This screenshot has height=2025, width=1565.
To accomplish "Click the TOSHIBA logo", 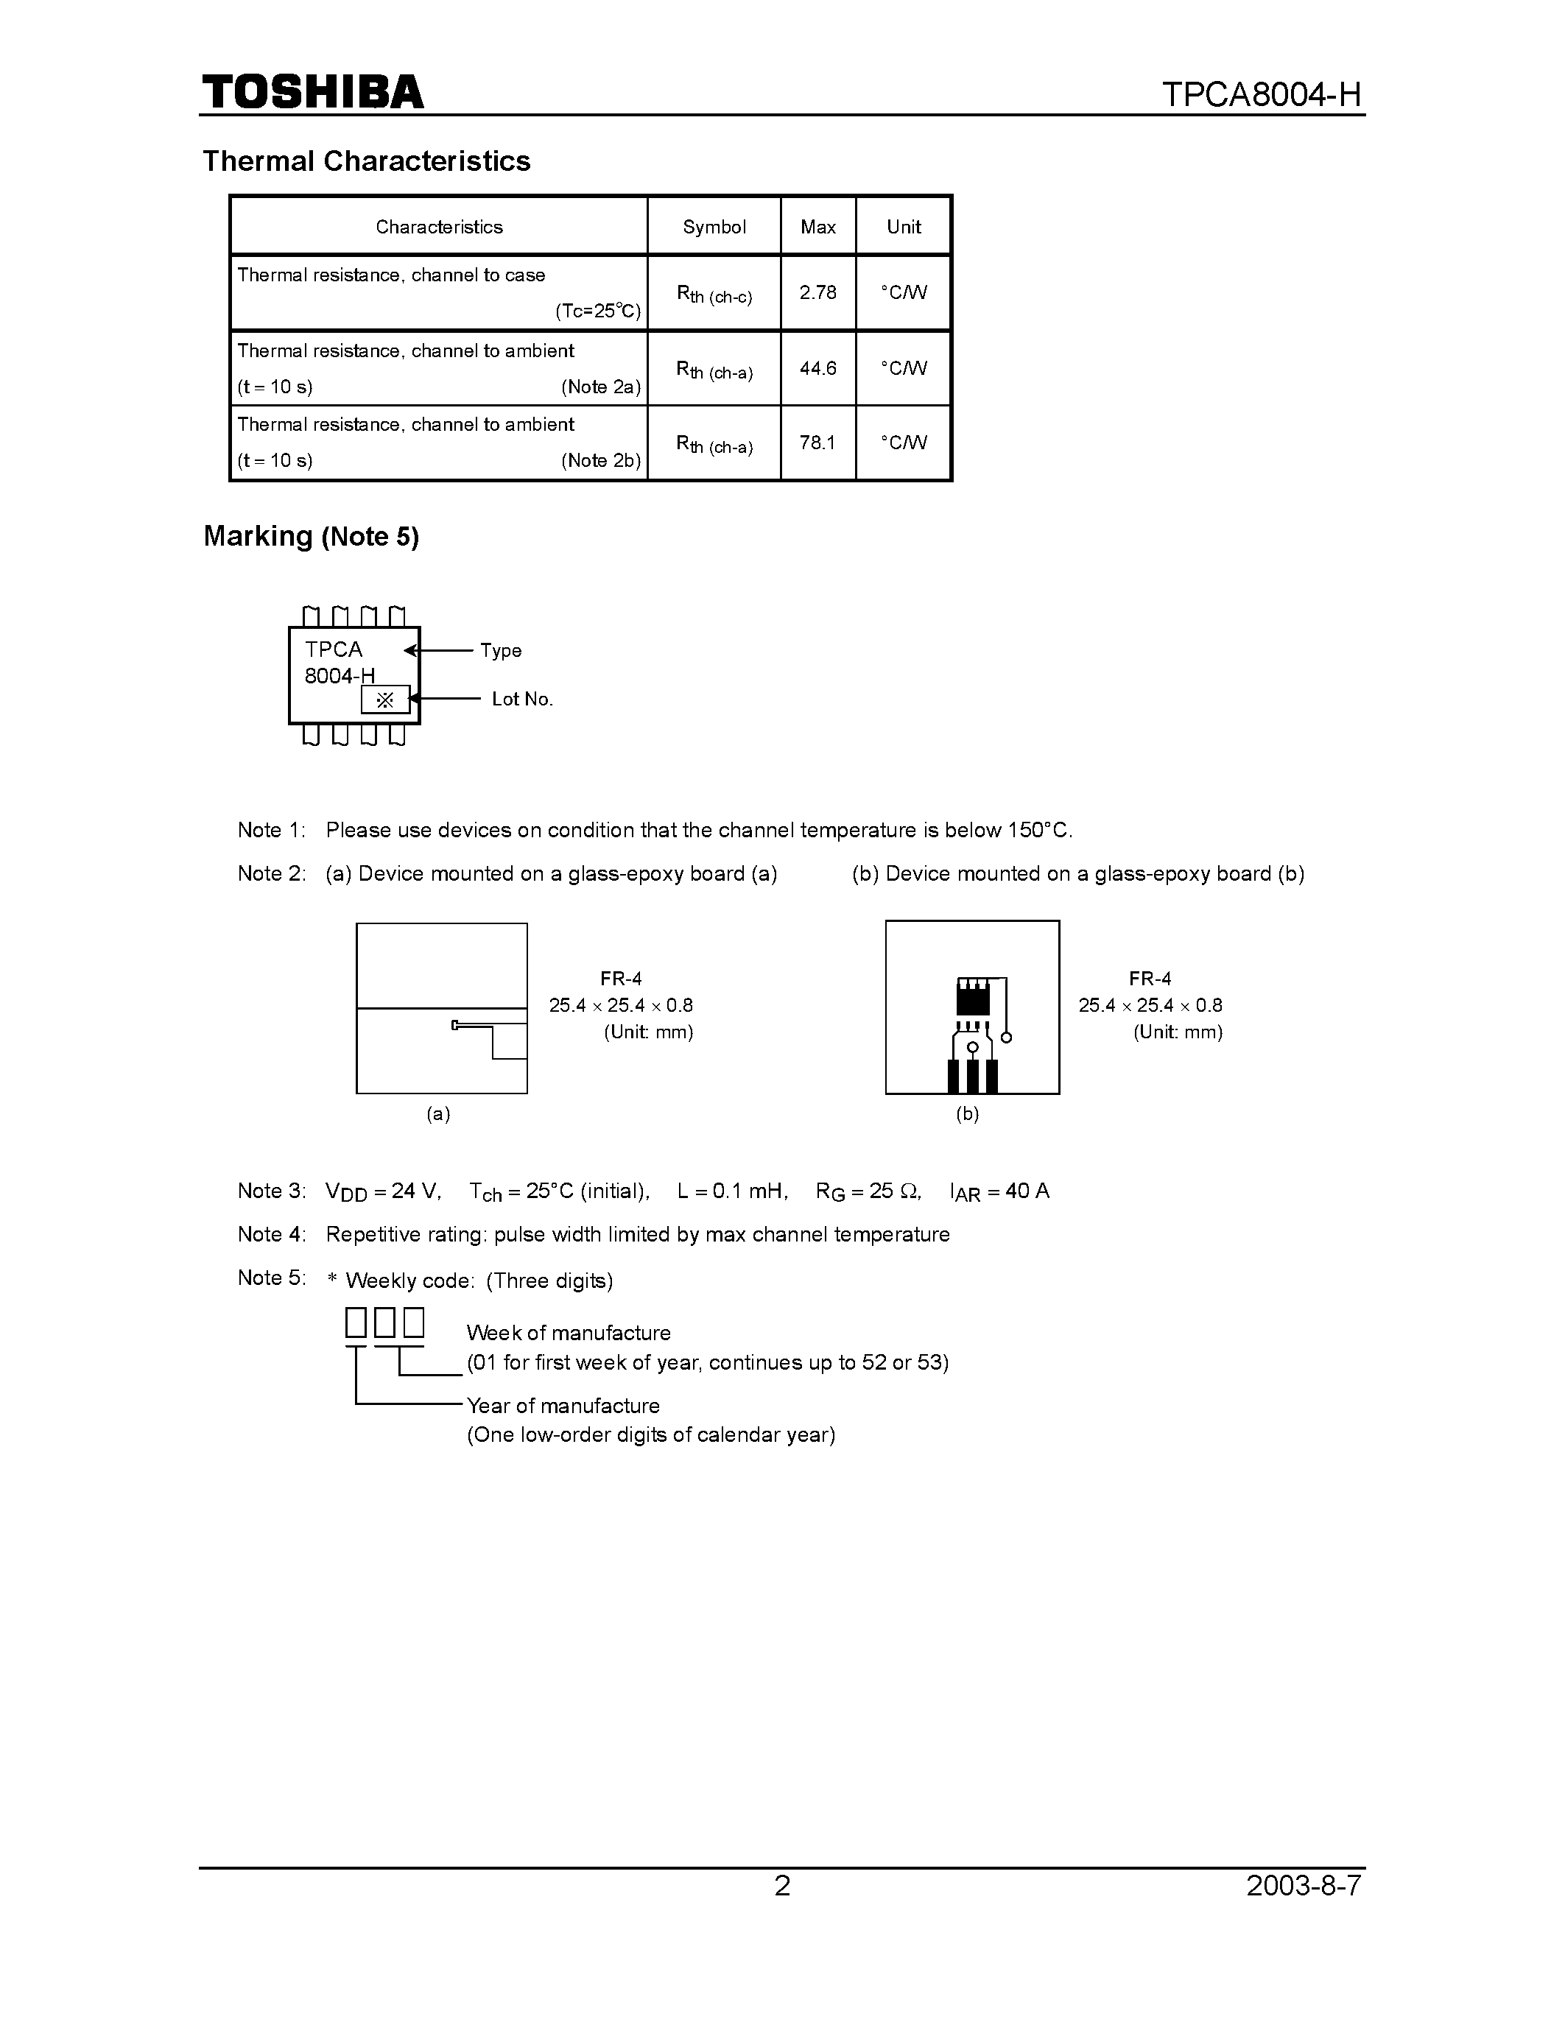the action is [312, 93].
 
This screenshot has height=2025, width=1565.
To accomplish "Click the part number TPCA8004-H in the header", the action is [1261, 94].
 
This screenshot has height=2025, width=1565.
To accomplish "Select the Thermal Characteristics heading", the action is [366, 161].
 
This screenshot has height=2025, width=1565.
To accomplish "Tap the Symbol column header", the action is [714, 227].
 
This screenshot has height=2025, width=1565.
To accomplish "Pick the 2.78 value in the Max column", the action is [817, 293].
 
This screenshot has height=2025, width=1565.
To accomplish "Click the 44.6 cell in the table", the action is [817, 369].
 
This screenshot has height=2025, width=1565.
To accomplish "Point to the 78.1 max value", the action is [817, 443].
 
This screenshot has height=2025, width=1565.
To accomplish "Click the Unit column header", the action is [904, 227].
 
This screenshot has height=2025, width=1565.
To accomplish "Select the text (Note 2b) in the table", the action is [601, 461].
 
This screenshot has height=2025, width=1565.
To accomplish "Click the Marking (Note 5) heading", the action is [311, 537].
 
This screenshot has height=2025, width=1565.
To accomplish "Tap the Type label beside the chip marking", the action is [501, 651].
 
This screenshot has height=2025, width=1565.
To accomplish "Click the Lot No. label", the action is [522, 699].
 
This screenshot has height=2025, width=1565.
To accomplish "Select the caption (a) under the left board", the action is [438, 1113].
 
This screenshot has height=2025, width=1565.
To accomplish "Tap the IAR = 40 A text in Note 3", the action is [999, 1191].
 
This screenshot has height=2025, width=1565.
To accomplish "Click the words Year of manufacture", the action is [563, 1406].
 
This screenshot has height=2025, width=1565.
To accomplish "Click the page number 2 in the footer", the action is [782, 1886].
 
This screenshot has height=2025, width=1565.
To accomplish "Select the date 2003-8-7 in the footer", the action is [1304, 1886].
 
